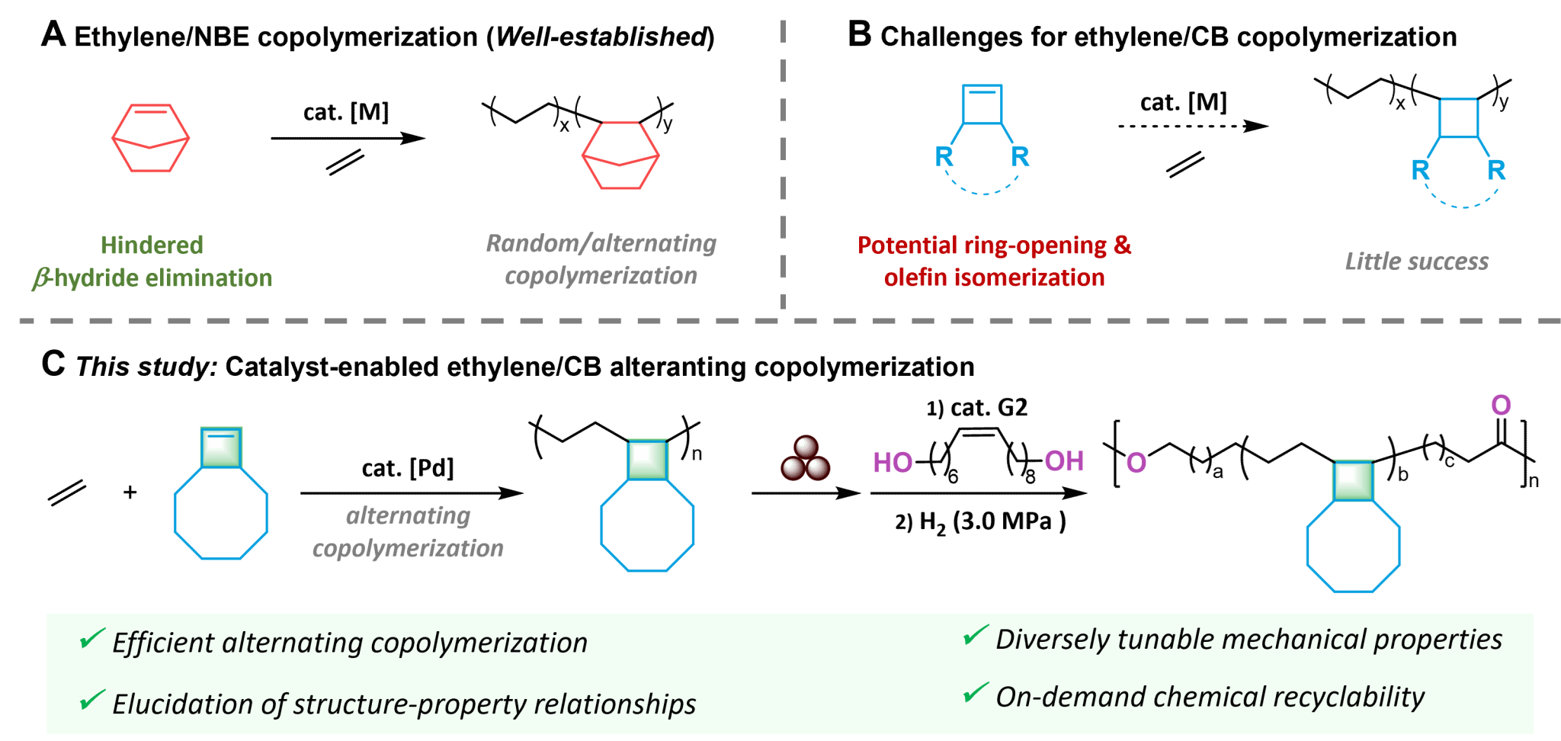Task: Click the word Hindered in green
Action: tap(152, 245)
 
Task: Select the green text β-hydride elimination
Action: tap(152, 278)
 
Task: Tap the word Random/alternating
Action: tap(601, 243)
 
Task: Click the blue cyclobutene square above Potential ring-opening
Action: tap(982, 104)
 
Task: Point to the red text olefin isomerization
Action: tap(994, 277)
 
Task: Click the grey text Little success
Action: tap(1416, 261)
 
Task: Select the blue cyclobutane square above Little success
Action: tap(1459, 118)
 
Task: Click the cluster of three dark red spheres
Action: tap(806, 459)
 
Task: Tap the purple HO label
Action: tap(893, 463)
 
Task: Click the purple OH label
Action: tap(1064, 461)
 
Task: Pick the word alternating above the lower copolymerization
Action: tap(409, 516)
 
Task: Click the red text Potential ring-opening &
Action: tap(994, 245)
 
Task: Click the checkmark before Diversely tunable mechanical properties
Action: tap(976, 635)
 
